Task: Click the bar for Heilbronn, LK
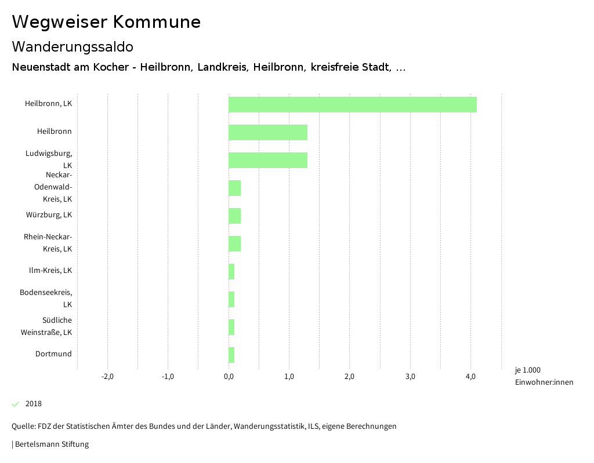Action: tap(352, 104)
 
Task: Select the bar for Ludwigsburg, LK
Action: tap(267, 160)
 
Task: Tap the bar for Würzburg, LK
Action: tap(234, 216)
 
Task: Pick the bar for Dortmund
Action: tap(231, 355)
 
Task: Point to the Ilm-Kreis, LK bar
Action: tap(231, 271)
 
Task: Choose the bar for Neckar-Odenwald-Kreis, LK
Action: tap(234, 188)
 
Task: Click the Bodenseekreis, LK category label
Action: tap(46, 298)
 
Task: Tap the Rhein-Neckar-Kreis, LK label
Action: tap(48, 242)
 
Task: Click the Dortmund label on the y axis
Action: tap(53, 353)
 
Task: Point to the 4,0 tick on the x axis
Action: tap(471, 377)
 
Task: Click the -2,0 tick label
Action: tap(107, 377)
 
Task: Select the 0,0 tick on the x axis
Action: tap(229, 377)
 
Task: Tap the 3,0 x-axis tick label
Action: tap(410, 377)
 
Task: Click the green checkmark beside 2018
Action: tap(16, 404)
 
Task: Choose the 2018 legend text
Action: tap(34, 404)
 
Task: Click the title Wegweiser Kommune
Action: tap(106, 22)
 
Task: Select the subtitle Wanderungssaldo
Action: tap(73, 46)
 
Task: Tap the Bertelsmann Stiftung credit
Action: tap(50, 444)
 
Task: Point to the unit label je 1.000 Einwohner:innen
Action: tap(544, 375)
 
